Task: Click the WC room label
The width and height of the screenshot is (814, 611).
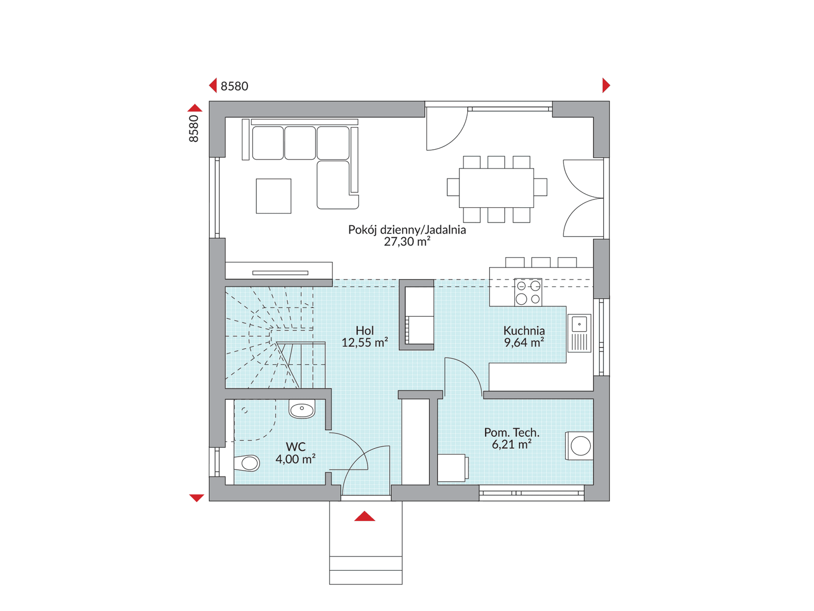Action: pos(296,447)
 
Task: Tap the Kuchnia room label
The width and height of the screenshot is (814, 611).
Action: pos(524,330)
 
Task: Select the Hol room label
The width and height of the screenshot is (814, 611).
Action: pos(365,330)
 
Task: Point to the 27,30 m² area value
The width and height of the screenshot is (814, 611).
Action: pos(407,242)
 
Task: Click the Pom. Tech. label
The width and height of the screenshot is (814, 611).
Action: pos(512,432)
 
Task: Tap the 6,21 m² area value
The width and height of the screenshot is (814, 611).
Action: pos(512,445)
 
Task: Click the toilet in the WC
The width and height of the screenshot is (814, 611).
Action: pos(247,463)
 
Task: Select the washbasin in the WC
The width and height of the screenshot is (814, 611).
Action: pos(302,409)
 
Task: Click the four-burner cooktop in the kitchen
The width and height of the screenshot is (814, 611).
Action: pos(528,292)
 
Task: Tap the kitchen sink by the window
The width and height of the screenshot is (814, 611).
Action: pos(579,333)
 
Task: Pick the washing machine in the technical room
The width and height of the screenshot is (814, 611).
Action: pos(579,446)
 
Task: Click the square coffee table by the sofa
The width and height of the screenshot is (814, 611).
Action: pos(273,196)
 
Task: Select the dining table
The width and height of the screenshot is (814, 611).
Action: pos(496,188)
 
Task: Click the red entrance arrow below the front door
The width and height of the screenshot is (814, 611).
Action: pos(364,516)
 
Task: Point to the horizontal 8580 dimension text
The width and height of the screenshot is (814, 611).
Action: pos(234,86)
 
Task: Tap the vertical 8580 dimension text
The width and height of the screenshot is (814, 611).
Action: pos(194,129)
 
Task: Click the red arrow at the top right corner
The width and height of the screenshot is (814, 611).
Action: pos(606,85)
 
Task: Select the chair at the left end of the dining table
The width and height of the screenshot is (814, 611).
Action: pos(453,187)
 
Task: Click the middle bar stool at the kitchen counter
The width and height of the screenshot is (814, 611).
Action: pos(541,262)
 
